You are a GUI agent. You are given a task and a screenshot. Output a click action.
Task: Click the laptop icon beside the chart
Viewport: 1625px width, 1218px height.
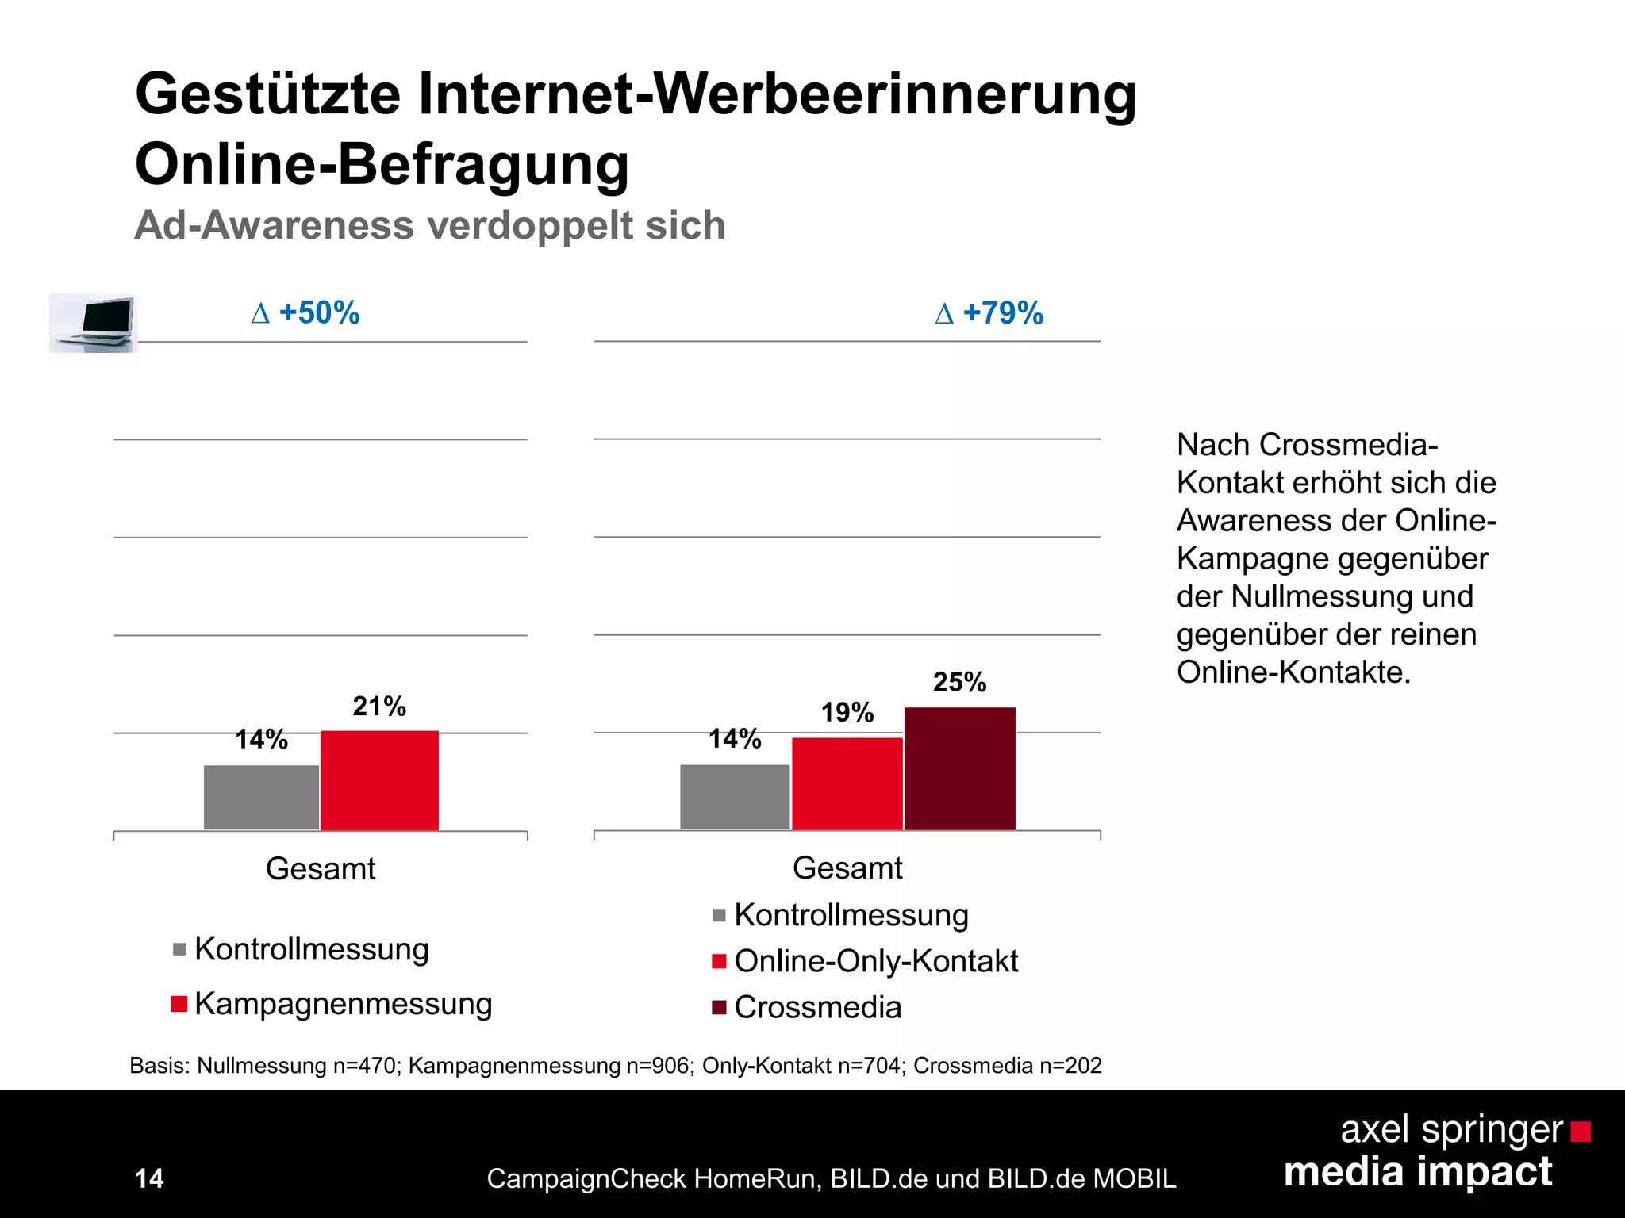point(94,323)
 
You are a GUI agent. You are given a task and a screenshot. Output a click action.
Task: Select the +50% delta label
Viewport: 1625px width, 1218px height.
point(305,312)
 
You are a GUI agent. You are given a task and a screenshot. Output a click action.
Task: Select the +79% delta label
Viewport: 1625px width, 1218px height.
point(989,312)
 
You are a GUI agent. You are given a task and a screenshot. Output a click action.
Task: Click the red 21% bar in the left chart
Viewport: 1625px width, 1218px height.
point(379,781)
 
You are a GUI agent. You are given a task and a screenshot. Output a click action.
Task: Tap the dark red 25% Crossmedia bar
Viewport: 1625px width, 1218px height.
point(959,769)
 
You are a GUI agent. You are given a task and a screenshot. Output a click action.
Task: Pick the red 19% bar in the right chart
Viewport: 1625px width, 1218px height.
point(847,784)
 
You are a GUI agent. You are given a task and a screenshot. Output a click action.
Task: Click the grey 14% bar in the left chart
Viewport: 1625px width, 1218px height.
point(261,798)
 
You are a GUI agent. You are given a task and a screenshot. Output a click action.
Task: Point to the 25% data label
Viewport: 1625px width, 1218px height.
point(959,682)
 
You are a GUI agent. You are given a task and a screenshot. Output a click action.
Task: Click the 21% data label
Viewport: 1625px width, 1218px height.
point(379,706)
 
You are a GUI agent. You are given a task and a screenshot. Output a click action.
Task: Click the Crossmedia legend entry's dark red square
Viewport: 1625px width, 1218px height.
point(719,1008)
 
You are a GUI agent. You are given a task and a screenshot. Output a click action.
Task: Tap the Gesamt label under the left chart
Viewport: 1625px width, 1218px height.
point(321,869)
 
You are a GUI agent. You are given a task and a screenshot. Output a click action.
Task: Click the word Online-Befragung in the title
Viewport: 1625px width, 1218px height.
point(382,164)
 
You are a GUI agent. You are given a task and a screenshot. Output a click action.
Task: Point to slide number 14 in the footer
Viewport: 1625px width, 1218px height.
point(149,1178)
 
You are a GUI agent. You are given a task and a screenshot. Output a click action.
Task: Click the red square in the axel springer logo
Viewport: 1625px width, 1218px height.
point(1581,1132)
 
